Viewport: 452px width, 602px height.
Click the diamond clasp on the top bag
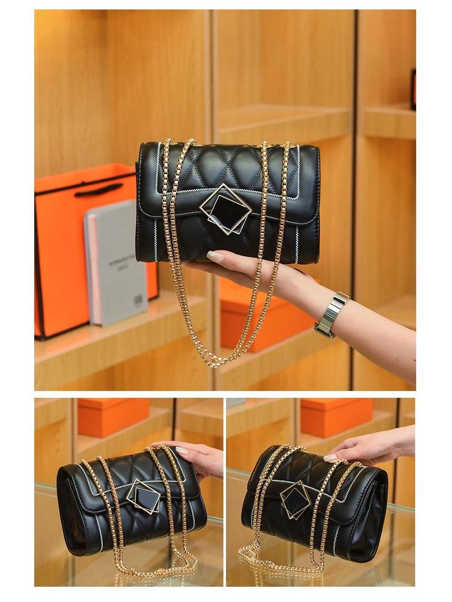[x=225, y=209]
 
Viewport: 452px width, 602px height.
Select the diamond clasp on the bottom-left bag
[x=143, y=497]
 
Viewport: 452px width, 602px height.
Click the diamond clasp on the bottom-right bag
[x=295, y=500]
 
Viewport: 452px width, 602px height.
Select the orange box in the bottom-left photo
[x=113, y=416]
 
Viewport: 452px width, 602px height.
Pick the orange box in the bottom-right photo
[x=336, y=416]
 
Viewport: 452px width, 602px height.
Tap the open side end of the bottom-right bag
[x=372, y=517]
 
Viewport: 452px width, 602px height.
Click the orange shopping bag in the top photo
[x=65, y=253]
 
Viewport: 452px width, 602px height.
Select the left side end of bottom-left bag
[x=69, y=511]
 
